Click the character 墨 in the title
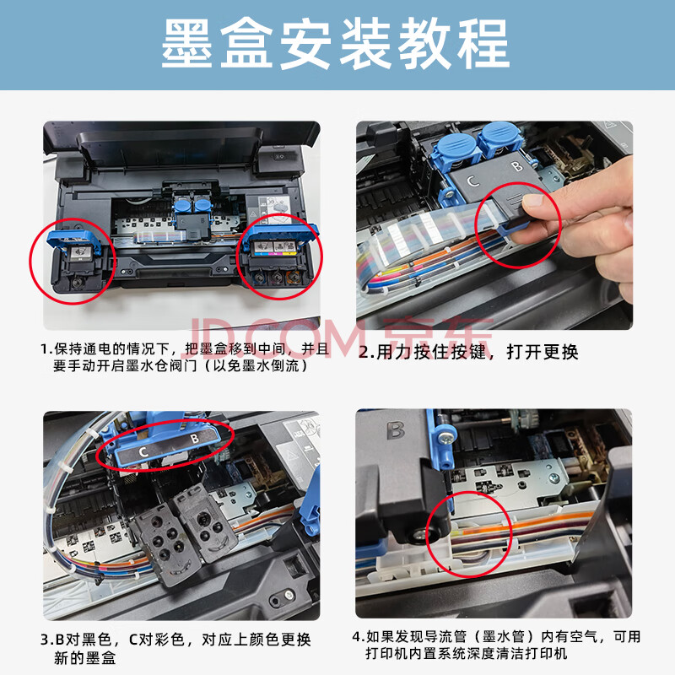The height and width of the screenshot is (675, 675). (x=186, y=44)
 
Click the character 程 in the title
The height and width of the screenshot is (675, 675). (x=483, y=44)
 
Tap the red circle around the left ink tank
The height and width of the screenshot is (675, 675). (x=73, y=262)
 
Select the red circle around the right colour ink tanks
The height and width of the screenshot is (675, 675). (x=279, y=256)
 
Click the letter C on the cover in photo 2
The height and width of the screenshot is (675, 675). (x=473, y=181)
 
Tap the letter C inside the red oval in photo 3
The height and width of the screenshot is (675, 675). (x=143, y=451)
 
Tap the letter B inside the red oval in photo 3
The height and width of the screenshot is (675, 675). (x=195, y=438)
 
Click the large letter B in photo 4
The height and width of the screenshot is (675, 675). (x=396, y=430)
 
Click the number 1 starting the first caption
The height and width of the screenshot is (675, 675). (x=45, y=349)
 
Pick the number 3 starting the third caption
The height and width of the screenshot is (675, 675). (x=46, y=640)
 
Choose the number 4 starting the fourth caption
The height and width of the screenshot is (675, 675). (x=357, y=637)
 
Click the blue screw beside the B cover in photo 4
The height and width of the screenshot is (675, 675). (x=444, y=438)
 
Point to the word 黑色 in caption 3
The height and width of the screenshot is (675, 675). (x=96, y=640)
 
